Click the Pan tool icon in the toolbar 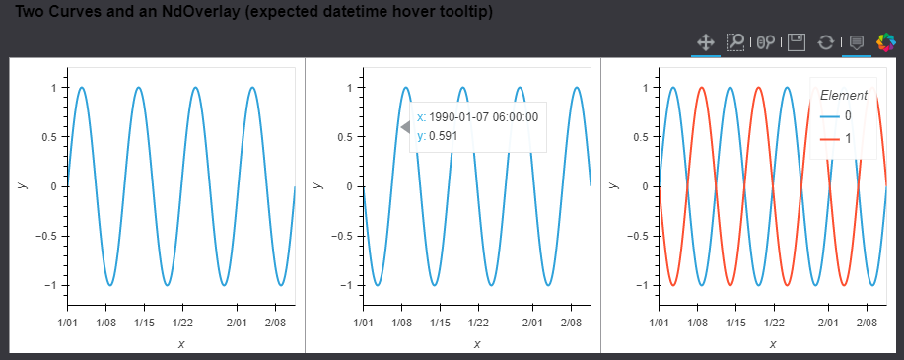click(706, 42)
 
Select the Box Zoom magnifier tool click(735, 42)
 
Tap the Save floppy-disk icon click(797, 42)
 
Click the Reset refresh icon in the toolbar click(826, 42)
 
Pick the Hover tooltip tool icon click(857, 42)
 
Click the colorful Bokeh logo click(886, 42)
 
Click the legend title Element click(844, 95)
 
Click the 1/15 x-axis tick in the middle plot click(440, 323)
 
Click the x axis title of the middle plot click(477, 343)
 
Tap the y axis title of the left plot click(21, 185)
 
